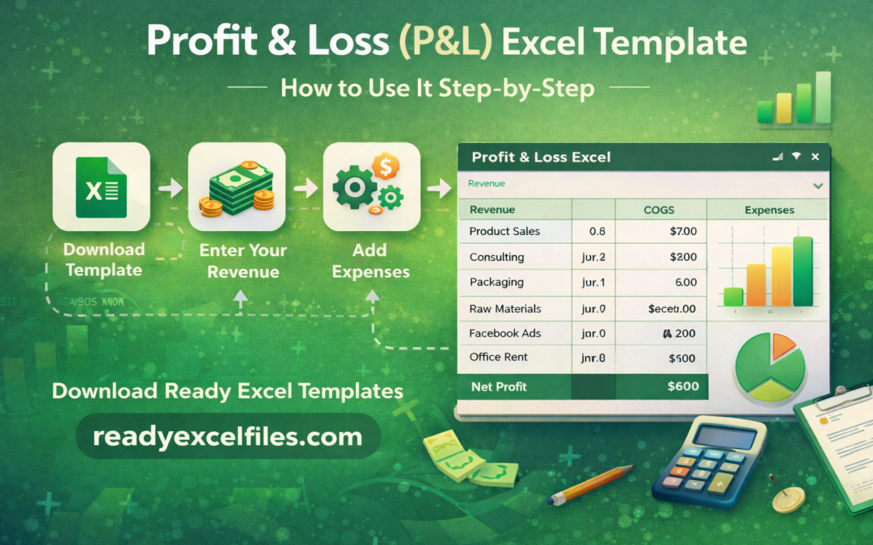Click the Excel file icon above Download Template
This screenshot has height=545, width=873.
(101, 187)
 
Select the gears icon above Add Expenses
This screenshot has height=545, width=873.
(371, 187)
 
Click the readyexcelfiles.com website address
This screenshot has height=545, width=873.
(227, 437)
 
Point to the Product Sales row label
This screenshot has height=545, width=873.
(504, 232)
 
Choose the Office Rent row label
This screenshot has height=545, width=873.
(499, 357)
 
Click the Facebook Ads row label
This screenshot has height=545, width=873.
(505, 333)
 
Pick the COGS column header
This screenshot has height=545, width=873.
(660, 210)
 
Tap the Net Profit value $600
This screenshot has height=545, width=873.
(683, 387)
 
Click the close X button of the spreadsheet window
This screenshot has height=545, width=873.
(815, 157)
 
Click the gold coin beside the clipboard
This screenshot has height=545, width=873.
(788, 501)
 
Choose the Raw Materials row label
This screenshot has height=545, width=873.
(505, 308)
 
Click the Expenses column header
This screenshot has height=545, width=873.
(769, 210)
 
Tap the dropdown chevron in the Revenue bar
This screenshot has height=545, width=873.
(818, 185)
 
